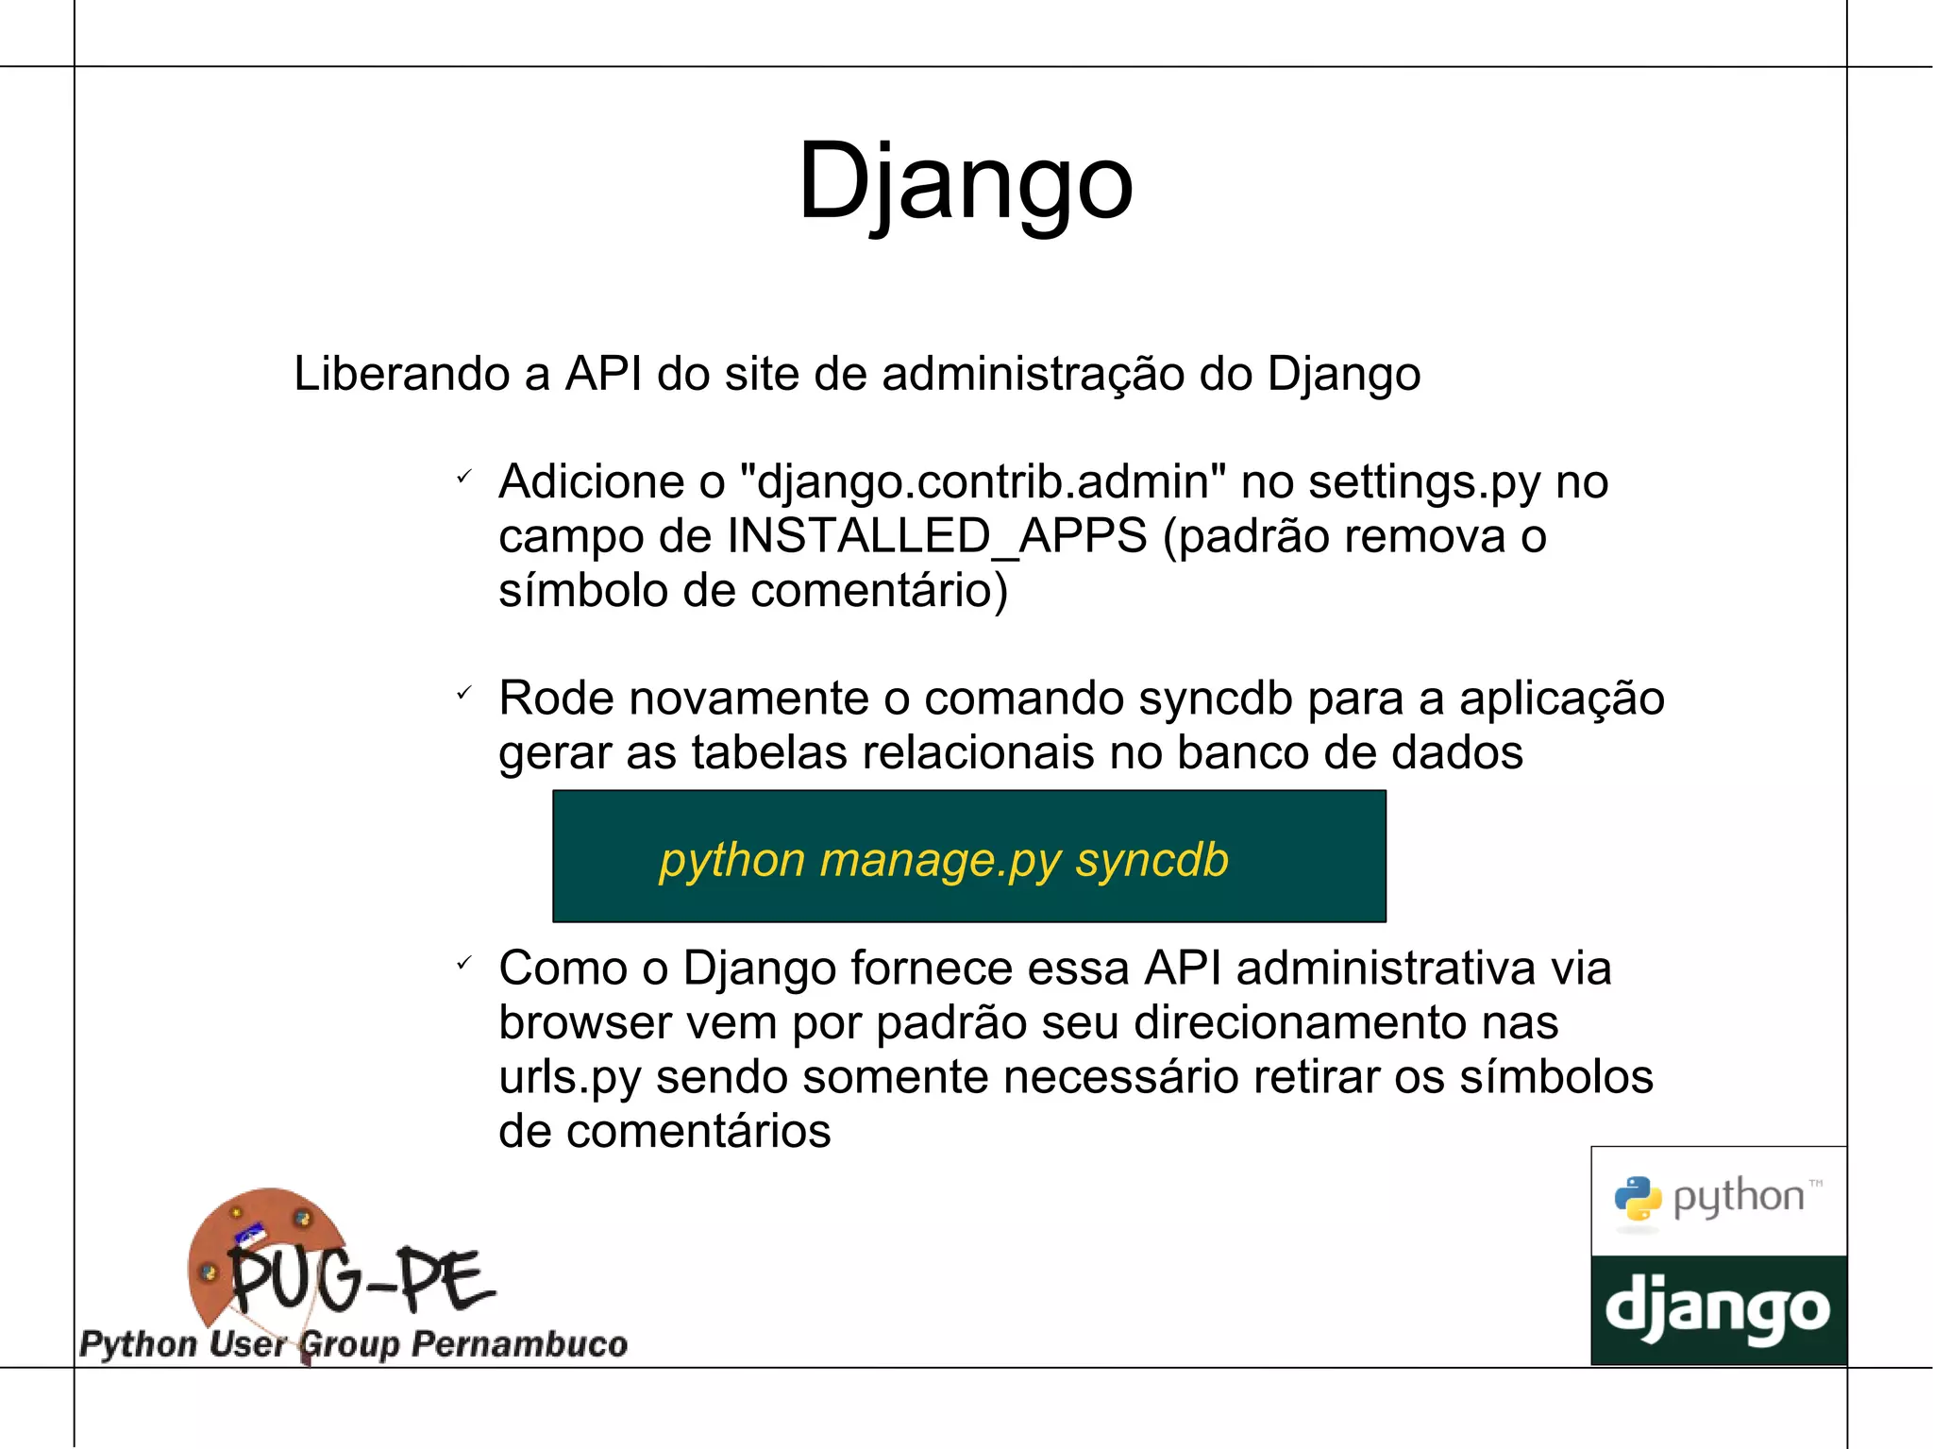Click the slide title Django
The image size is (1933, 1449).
[x=965, y=181]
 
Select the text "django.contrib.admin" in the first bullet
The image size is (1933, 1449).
[x=984, y=482]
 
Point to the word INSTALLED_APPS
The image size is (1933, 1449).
[x=937, y=537]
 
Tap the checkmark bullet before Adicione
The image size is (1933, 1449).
[x=463, y=478]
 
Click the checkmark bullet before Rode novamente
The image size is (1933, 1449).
[x=463, y=694]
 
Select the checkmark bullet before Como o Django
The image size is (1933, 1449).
[x=463, y=964]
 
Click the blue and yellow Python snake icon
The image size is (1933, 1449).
[x=1638, y=1199]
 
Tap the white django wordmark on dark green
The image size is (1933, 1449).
[x=1718, y=1310]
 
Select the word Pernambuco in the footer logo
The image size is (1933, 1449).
[x=520, y=1344]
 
